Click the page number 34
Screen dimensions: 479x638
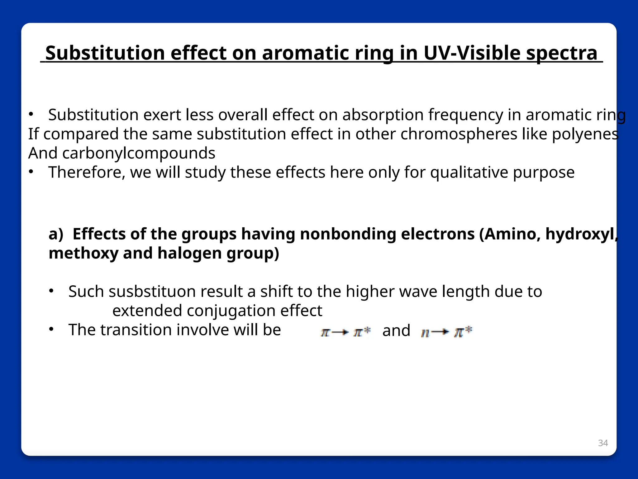click(603, 443)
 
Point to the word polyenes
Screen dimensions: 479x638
click(585, 134)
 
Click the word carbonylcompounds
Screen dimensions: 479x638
click(139, 153)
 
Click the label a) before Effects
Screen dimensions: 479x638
click(56, 234)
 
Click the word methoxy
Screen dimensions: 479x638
click(83, 253)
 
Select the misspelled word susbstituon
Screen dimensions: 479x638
click(155, 292)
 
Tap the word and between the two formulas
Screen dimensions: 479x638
click(396, 331)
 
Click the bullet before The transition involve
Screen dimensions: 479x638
click(51, 329)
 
